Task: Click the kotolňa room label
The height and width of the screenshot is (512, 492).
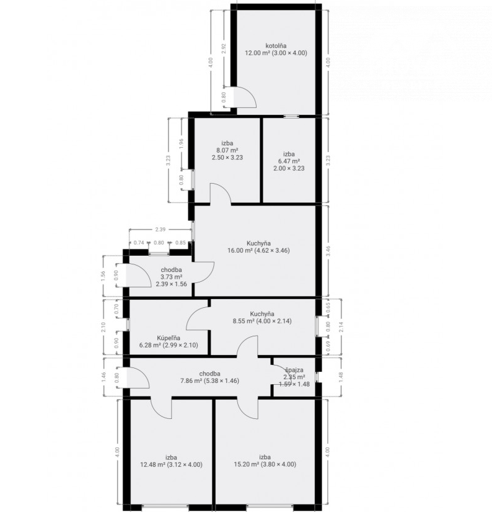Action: (276, 46)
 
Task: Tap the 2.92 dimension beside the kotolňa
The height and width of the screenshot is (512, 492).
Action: (224, 48)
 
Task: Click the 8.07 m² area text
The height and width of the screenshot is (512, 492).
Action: (227, 150)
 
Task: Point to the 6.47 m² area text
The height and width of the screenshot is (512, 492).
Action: (289, 161)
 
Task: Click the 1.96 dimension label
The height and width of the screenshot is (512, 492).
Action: (182, 144)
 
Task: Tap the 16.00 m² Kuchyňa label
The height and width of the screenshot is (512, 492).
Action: (258, 251)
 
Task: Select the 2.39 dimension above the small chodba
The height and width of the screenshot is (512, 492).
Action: (160, 230)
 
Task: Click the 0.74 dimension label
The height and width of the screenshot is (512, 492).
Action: (139, 243)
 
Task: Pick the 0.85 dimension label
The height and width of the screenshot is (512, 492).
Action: (181, 243)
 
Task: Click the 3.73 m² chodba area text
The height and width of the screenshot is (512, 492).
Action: (171, 277)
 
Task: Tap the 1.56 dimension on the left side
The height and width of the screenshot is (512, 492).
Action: (103, 276)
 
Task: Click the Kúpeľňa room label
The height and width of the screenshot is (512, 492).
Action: (169, 338)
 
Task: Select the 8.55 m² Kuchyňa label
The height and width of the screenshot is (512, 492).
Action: (262, 321)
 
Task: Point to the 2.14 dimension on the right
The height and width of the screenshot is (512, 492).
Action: (341, 327)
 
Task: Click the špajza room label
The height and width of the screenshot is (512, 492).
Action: (294, 370)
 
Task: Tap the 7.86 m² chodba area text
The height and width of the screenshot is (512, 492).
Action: (209, 380)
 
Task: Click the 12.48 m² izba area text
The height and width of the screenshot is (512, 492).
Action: (171, 464)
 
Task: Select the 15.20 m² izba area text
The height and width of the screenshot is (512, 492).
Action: (265, 464)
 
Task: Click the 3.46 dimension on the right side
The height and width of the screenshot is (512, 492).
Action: (328, 251)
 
